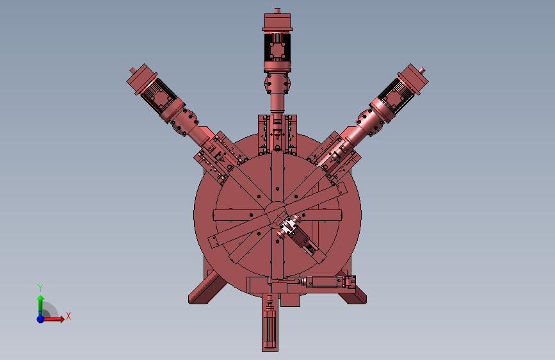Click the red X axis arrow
click(53, 319)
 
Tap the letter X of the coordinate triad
click(68, 316)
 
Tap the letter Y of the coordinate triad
click(40, 288)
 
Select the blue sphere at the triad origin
click(40, 319)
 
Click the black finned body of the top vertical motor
click(277, 47)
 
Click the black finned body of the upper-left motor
click(157, 95)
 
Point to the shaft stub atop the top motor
click(277, 11)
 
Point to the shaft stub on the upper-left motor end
click(133, 70)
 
